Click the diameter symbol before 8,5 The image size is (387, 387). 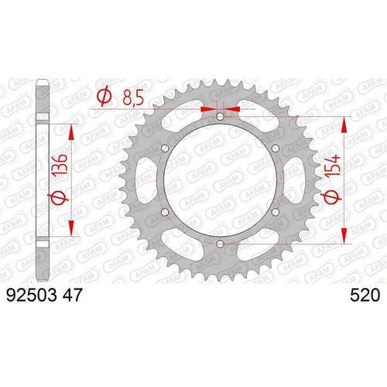(x=101, y=98)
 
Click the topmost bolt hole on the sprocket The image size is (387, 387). (x=220, y=117)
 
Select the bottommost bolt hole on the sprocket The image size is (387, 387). (x=220, y=245)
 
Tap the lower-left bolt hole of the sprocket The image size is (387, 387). (x=164, y=213)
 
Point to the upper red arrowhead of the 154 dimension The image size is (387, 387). (x=342, y=123)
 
